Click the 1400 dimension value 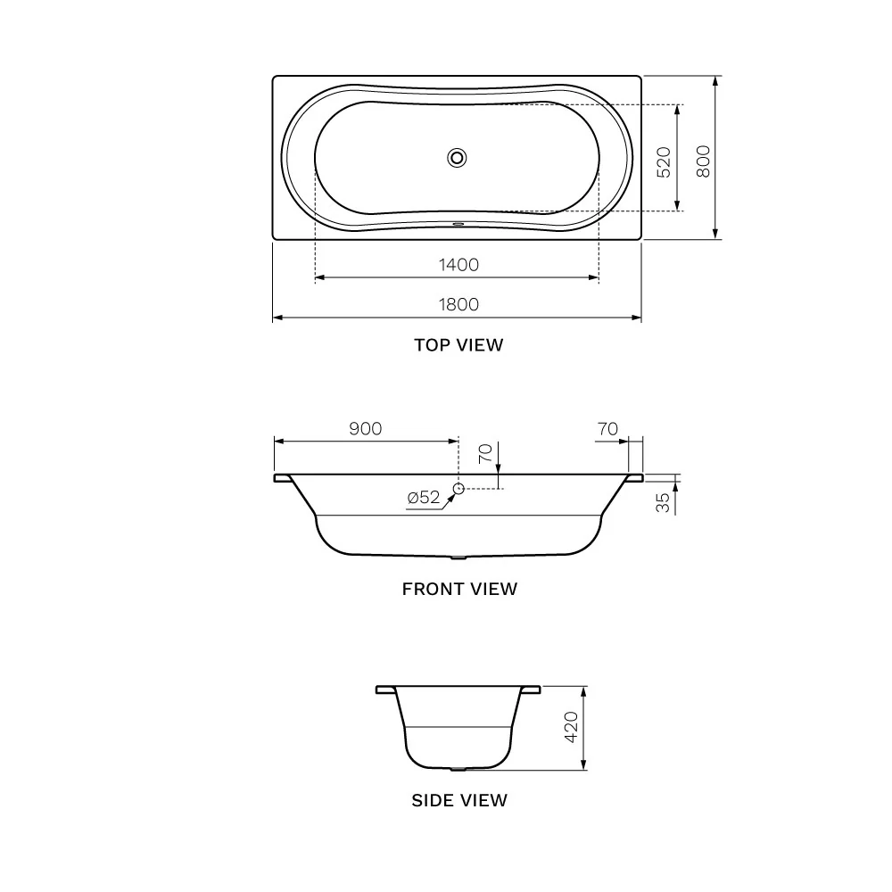458,265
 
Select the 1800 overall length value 458,304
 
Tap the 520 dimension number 664,162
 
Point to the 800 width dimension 704,161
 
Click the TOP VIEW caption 458,344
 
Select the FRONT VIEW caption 459,589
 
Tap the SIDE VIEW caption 459,800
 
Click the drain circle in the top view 457,158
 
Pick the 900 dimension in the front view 365,428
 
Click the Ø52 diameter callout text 424,497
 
